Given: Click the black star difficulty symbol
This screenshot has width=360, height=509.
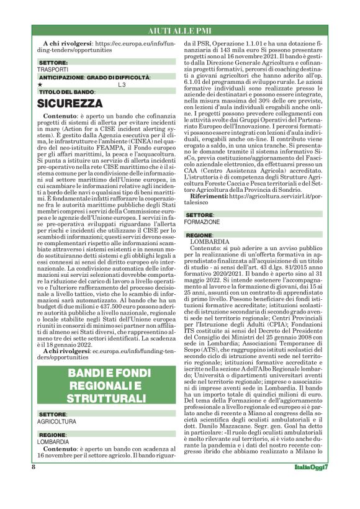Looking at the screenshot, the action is pyautogui.click(x=40, y=84).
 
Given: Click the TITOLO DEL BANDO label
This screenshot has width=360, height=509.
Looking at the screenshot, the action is pyautogui.click(x=66, y=92).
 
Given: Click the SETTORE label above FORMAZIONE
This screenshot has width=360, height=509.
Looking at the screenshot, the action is pyautogui.click(x=200, y=215).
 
